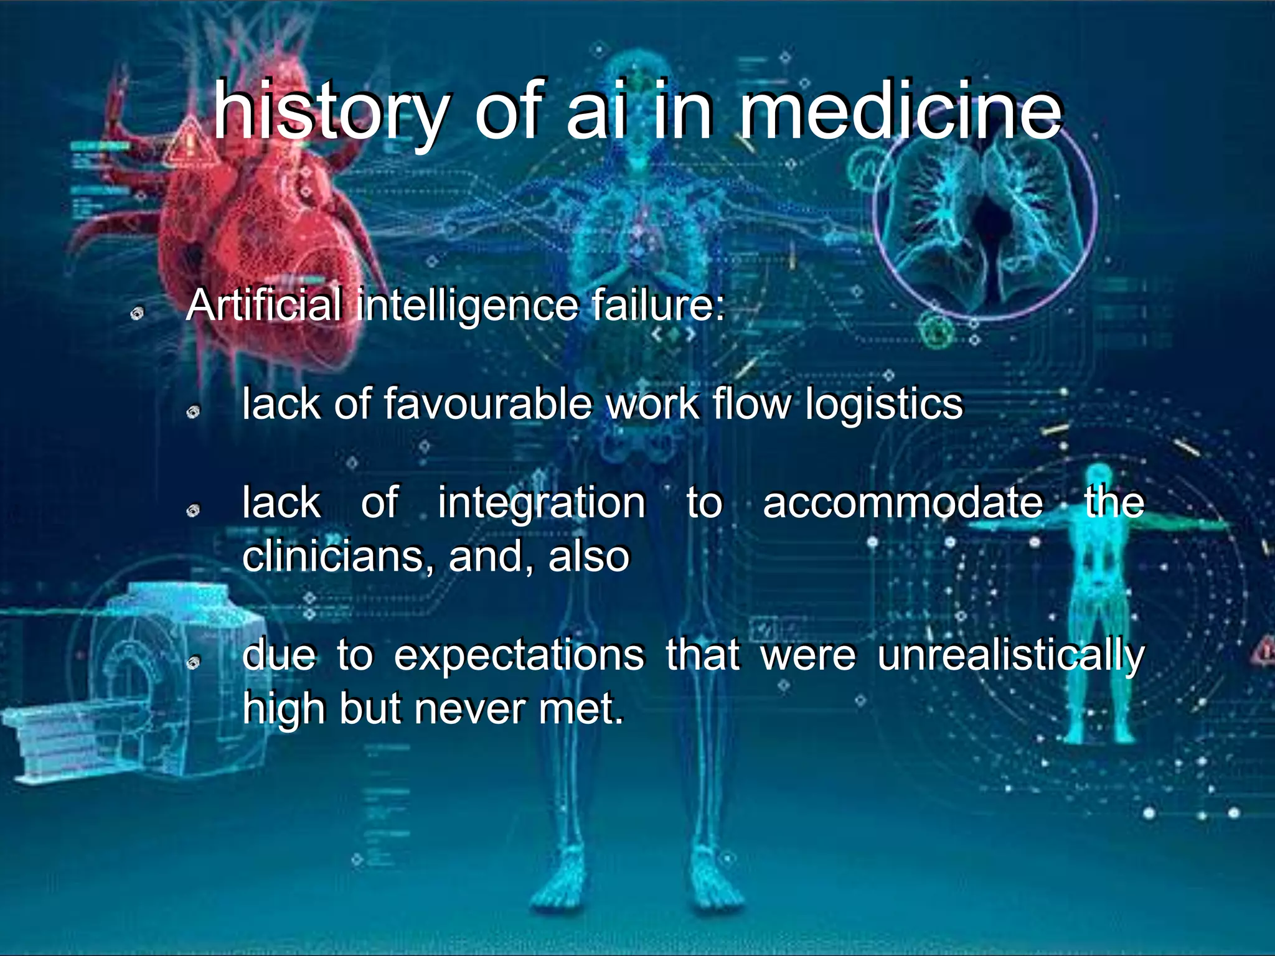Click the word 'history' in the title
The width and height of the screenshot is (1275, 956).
pos(330,112)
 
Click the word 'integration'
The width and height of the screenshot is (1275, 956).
pos(542,502)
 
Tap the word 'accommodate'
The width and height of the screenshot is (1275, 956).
pos(903,502)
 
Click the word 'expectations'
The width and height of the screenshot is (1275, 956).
pos(519,655)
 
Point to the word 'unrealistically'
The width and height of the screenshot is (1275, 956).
pos(1011,656)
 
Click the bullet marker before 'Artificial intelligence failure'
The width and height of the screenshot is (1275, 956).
pos(137,313)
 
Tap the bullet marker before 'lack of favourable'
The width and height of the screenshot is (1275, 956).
pos(194,412)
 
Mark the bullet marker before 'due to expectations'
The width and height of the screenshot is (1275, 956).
pos(194,663)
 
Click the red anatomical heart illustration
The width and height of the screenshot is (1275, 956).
pos(261,237)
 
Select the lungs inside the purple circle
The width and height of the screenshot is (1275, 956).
pos(984,212)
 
